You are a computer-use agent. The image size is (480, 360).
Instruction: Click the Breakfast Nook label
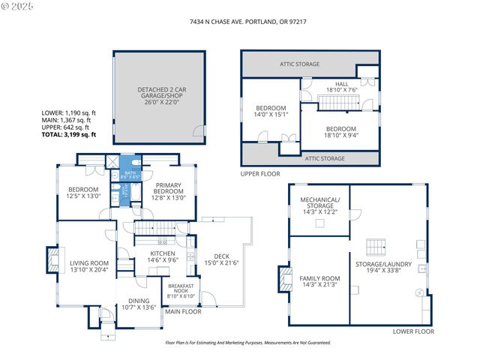[x=181, y=292]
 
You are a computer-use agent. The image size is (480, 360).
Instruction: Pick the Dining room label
[x=139, y=304]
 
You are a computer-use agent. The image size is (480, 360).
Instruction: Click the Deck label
[x=220, y=259]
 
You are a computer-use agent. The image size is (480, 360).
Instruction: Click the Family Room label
[x=320, y=282]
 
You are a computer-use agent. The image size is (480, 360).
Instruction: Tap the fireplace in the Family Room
[x=284, y=279]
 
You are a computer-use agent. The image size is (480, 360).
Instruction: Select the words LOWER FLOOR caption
[x=413, y=331]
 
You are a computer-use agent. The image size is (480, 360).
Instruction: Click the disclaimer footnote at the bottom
[x=247, y=342]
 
